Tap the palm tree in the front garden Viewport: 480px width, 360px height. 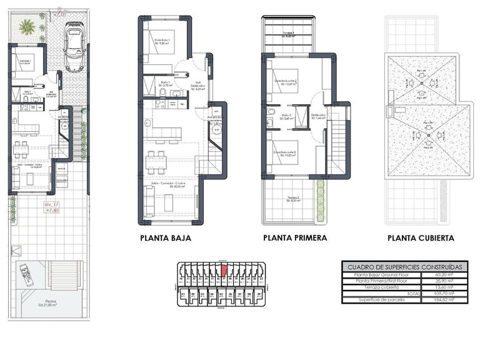[x=27, y=27]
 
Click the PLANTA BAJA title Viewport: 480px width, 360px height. [x=166, y=238]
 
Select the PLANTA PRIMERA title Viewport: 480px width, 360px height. [x=295, y=238]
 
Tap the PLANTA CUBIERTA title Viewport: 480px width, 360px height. [x=421, y=238]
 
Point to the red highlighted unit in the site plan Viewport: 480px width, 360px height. [x=223, y=271]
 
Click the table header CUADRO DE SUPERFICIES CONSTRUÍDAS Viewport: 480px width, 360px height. [x=404, y=266]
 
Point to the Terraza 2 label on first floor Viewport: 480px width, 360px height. [x=294, y=199]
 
